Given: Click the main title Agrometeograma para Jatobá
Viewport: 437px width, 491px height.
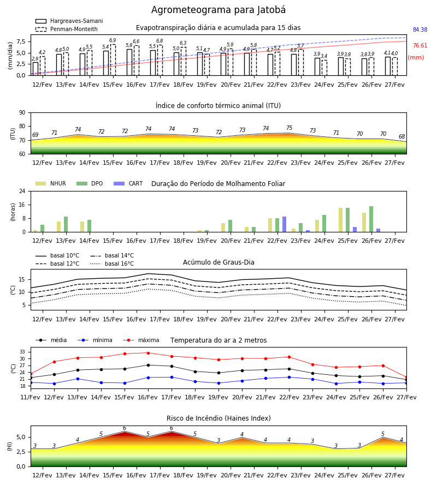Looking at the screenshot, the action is point(218,10).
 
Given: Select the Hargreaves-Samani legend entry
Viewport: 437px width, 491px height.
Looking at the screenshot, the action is point(69,21).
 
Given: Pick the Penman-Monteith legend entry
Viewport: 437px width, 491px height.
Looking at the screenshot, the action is point(67,29).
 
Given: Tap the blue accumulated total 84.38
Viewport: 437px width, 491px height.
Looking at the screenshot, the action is point(420,30).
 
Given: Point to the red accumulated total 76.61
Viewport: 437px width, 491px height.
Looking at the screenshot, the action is point(420,46).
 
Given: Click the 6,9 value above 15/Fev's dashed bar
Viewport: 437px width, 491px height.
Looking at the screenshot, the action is point(113,40).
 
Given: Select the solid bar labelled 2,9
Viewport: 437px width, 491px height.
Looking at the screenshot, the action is point(36,69).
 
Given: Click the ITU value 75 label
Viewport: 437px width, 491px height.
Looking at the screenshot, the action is point(289,128).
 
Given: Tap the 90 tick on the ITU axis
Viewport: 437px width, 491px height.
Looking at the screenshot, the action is point(22,113).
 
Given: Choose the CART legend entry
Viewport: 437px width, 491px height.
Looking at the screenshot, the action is point(128,183).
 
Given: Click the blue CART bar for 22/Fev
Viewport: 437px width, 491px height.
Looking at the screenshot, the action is point(285,224).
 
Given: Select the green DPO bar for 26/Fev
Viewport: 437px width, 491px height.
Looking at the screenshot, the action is point(371,219).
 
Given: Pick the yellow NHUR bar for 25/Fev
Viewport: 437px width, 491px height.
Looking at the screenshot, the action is point(340,220).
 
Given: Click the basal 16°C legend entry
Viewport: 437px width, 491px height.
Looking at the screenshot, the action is point(112,264).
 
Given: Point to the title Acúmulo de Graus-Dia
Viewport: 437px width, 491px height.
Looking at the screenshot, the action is point(218,262).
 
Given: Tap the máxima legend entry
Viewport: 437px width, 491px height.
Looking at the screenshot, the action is point(141,340).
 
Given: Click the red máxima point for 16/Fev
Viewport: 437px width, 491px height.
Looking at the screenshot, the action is point(148,353).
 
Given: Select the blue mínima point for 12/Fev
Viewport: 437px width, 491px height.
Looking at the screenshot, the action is point(54,384).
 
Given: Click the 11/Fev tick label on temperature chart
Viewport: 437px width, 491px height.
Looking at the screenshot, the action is point(31,397).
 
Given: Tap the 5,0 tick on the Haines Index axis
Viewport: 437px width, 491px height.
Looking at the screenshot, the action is point(21,437).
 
